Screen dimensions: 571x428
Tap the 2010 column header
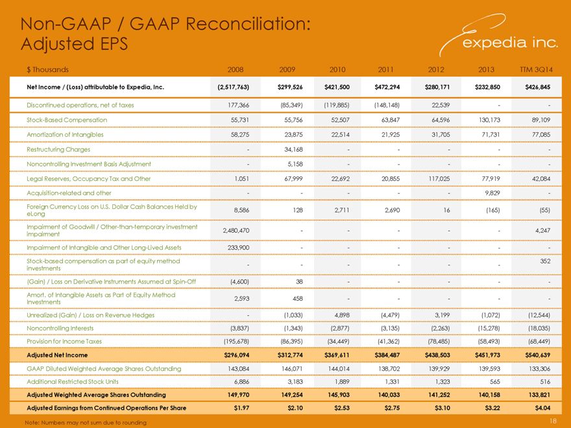click(337, 69)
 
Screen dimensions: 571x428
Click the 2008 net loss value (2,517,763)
click(234, 87)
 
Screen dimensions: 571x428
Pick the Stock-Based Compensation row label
click(67, 120)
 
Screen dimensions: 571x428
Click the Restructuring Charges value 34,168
click(293, 149)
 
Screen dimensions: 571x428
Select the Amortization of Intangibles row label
click(65, 135)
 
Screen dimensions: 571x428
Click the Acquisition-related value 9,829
click(492, 193)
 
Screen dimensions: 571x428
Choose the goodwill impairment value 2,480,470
click(236, 230)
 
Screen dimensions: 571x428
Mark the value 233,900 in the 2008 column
click(238, 248)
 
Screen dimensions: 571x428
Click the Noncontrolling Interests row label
click(60, 328)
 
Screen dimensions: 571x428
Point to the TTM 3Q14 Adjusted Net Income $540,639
click(537, 355)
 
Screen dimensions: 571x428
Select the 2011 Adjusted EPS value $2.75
click(392, 408)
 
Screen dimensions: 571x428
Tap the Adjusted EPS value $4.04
click(542, 408)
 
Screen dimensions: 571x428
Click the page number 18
click(553, 421)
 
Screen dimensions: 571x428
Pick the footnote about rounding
click(86, 423)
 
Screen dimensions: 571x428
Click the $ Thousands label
click(47, 69)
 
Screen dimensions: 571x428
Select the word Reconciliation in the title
click(248, 25)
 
